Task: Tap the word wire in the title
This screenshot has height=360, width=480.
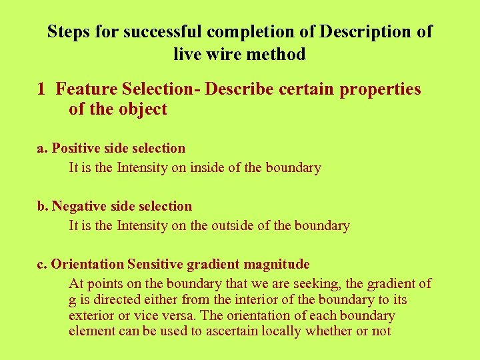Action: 223,54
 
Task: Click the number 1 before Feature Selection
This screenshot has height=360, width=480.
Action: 41,89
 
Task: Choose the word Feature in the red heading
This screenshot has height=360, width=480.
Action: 84,89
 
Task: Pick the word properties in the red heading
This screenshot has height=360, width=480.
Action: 380,89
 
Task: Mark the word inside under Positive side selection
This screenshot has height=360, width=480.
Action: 207,167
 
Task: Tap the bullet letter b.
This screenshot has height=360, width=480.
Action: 41,206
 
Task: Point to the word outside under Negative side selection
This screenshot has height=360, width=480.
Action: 233,225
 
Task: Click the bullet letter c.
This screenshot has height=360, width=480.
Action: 41,264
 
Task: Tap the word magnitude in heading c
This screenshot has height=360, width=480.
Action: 278,264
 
